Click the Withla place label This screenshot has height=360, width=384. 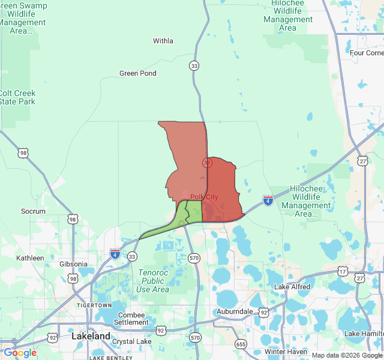(163, 41)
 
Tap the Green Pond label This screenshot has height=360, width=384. (138, 73)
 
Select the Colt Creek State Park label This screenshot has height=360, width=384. (17, 97)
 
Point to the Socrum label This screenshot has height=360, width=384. (33, 211)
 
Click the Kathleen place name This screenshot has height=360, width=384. (30, 258)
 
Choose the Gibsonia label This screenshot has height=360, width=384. (73, 264)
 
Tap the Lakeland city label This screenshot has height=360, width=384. (91, 336)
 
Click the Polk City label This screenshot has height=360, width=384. (204, 197)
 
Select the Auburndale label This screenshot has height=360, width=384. (235, 312)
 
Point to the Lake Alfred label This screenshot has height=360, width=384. (292, 287)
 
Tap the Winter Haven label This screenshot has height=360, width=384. (286, 352)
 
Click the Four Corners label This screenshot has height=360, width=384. (367, 53)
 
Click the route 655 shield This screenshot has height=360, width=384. (241, 344)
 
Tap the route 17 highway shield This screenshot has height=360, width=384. (343, 272)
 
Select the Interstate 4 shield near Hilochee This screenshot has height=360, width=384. (268, 200)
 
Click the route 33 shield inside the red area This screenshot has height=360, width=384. (207, 163)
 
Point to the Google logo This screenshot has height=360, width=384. (20, 353)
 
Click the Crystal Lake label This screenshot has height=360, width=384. (132, 341)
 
